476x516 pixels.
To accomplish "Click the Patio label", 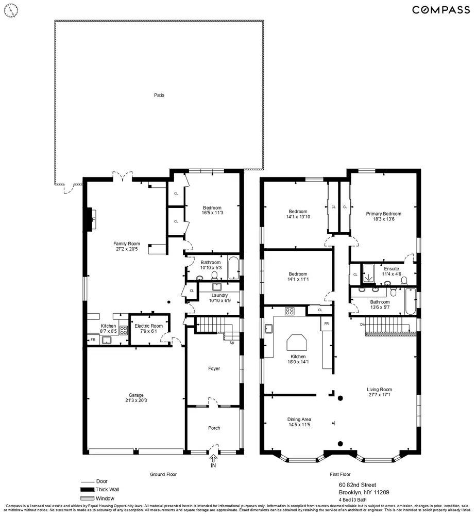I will tap(159, 95).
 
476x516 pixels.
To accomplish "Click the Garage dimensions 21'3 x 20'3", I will tap(136, 400).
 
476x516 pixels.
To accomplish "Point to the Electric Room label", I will tap(148, 326).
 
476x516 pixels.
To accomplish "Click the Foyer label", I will tap(214, 369).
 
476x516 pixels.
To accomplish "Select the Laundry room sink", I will tap(216, 287).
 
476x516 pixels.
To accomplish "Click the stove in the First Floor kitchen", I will tap(290, 311).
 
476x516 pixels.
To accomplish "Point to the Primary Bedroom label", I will tap(383, 214).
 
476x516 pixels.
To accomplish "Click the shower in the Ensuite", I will tap(369, 274).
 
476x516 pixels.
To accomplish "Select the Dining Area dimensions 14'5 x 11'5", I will tap(299, 425).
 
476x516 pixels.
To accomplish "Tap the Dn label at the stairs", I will tap(363, 325).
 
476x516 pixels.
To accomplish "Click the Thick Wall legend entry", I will tap(108, 489).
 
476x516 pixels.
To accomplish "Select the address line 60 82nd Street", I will tap(357, 485).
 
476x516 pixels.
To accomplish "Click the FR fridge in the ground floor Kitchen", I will tap(93, 340).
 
